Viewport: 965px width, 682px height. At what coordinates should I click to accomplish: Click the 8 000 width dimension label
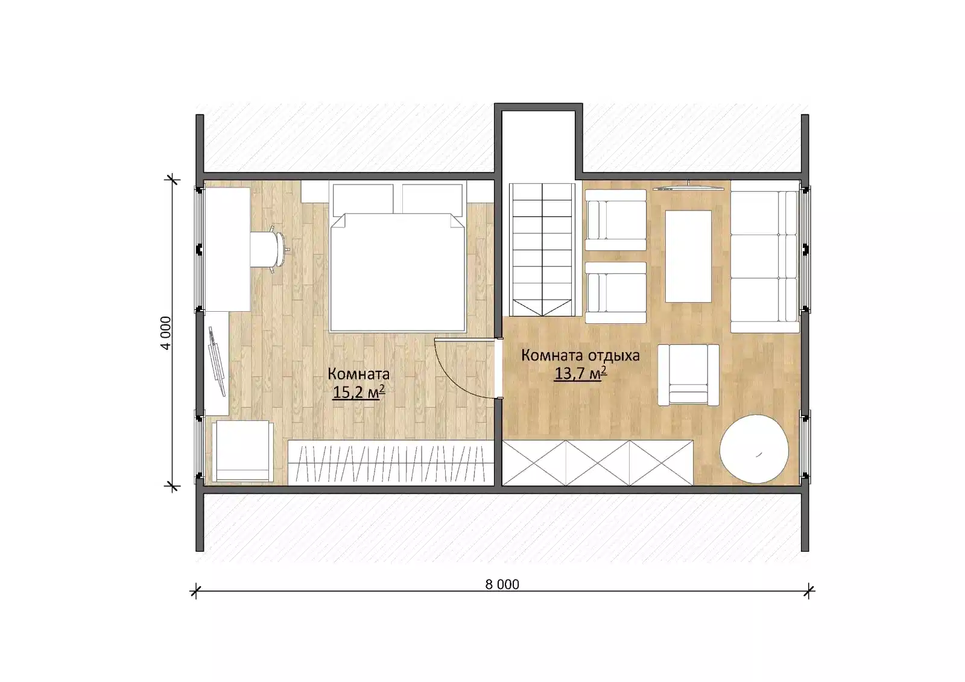[x=502, y=584]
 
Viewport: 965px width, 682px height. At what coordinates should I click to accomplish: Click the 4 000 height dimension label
[x=166, y=333]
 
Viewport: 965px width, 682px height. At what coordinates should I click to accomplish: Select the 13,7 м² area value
[x=580, y=373]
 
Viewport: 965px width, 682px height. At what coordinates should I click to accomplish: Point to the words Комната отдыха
[x=580, y=355]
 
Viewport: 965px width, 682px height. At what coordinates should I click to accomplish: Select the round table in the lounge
[x=754, y=449]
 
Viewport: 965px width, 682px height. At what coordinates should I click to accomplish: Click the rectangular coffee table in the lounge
[x=688, y=256]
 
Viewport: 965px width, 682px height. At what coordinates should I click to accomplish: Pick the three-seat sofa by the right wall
[x=765, y=256]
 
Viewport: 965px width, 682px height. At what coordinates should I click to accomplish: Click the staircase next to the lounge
[x=542, y=250]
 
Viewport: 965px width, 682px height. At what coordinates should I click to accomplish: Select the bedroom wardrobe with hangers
[x=391, y=461]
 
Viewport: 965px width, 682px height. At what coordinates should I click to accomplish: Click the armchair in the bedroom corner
[x=242, y=451]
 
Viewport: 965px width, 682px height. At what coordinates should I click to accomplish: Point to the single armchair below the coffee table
[x=688, y=375]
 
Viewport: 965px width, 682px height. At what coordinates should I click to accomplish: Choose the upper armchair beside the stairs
[x=616, y=219]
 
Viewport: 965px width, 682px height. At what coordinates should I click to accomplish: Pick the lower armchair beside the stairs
[x=616, y=292]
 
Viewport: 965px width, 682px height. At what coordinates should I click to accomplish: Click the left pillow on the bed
[x=362, y=200]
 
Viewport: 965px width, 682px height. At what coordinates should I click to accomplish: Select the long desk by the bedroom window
[x=227, y=249]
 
